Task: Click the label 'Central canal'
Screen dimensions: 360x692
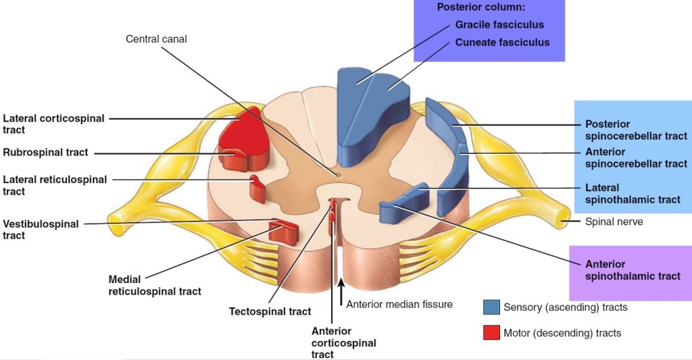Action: [x=156, y=39]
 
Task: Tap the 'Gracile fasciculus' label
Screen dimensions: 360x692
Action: [x=499, y=25]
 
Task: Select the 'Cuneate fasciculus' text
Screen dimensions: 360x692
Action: [x=502, y=43]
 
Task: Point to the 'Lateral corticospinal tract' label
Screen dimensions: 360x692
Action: [x=53, y=124]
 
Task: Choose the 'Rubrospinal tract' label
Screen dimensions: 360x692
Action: [x=45, y=153]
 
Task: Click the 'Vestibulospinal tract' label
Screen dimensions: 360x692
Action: [x=41, y=230]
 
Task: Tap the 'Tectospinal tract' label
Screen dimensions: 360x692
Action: [x=270, y=311]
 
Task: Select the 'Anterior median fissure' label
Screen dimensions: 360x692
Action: [x=399, y=305]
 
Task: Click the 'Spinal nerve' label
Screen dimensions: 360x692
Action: [x=614, y=221]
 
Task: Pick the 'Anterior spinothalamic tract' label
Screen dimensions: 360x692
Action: [x=633, y=270]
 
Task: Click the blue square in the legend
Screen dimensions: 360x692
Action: [x=491, y=307]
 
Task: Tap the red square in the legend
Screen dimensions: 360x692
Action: [x=491, y=332]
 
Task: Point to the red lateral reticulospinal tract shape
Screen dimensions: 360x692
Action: [x=257, y=190]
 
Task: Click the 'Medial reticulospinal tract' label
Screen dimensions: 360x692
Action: [x=155, y=285]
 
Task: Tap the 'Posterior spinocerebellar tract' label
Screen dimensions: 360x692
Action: [x=636, y=130]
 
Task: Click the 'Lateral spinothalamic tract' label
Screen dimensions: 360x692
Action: [x=633, y=193]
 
